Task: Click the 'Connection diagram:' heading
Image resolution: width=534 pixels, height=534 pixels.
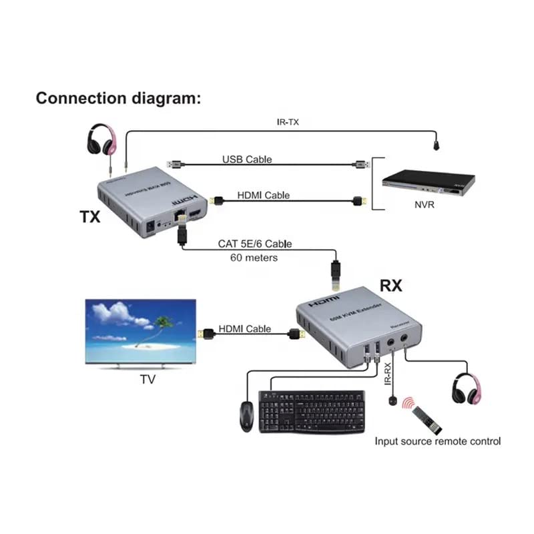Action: pos(118,99)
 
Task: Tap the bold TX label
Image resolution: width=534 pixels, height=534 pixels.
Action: pos(89,218)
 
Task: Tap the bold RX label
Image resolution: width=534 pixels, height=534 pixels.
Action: pos(391,286)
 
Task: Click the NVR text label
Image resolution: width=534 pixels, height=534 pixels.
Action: pos(423,205)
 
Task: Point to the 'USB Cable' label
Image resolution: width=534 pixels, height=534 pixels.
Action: pos(247,160)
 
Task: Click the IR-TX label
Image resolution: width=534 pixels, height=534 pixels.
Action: pos(289,122)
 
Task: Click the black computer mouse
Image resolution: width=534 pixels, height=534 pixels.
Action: pos(246,415)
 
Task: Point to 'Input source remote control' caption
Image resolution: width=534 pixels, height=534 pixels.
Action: pos(437,441)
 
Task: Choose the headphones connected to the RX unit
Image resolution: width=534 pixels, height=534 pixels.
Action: pos(468,388)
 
